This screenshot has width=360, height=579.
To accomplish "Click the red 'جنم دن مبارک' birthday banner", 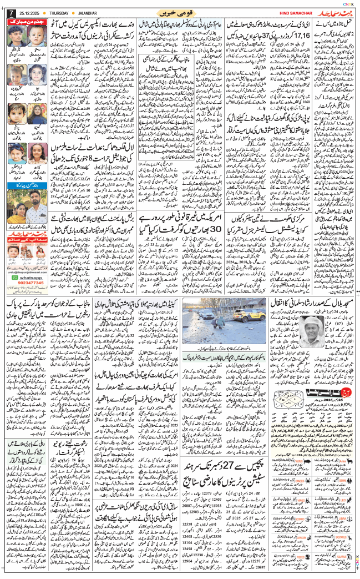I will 27,21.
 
